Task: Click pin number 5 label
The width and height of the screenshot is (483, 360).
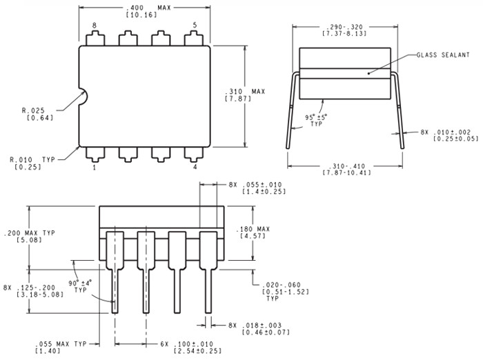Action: [195, 26]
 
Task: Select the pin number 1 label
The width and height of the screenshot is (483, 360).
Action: [95, 166]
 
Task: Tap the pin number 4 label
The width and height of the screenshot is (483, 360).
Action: [195, 166]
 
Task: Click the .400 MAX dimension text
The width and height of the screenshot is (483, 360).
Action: [146, 8]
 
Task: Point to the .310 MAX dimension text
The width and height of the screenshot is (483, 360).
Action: [246, 90]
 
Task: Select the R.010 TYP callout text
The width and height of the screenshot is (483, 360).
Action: [35, 159]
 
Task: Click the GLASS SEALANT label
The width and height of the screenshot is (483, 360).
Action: [443, 54]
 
